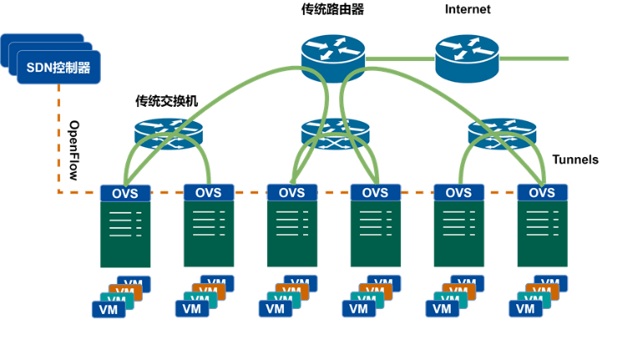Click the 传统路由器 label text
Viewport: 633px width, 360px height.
pyautogui.click(x=332, y=10)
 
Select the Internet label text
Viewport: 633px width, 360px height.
pyautogui.click(x=468, y=10)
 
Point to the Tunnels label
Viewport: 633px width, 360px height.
pyautogui.click(x=575, y=160)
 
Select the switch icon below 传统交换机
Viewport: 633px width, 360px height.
pyautogui.click(x=167, y=134)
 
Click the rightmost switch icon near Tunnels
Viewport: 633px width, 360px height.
pyautogui.click(x=501, y=133)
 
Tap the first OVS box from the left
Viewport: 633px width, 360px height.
pyautogui.click(x=125, y=193)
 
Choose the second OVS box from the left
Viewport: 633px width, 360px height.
pyautogui.click(x=209, y=193)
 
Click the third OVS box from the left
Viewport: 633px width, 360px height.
pyautogui.click(x=292, y=193)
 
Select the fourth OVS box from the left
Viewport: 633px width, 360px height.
pyautogui.click(x=375, y=193)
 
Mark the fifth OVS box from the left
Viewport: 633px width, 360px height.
pyautogui.click(x=458, y=193)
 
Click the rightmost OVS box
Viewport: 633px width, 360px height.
pyautogui.click(x=542, y=193)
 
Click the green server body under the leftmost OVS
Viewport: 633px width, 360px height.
pyautogui.click(x=125, y=234)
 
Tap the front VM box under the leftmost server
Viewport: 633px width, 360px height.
pyautogui.click(x=108, y=309)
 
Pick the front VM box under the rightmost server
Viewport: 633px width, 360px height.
pyautogui.click(x=525, y=309)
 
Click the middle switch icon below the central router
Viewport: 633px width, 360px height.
pyautogui.click(x=334, y=134)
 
